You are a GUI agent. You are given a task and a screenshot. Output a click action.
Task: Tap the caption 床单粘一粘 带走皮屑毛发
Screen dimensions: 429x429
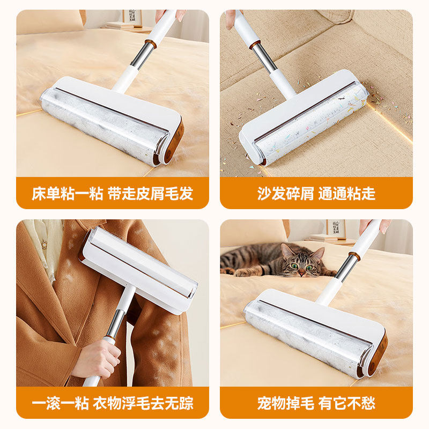point(112,194)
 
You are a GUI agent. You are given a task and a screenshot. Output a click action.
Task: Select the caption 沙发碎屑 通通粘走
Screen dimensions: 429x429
point(316,194)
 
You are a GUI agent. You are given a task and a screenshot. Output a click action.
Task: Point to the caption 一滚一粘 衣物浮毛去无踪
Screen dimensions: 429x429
point(112,403)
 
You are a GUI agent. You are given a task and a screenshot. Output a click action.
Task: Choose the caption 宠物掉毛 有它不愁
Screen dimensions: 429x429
point(316,403)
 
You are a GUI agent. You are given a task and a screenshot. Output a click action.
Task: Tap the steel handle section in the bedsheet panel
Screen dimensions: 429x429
point(142,56)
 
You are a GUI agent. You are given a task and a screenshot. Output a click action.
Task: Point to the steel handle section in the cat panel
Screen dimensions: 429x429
point(346,268)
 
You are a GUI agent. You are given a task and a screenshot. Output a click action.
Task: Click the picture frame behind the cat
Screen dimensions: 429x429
point(335,228)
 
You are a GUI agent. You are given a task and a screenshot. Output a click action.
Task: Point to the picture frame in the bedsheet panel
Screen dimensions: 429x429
point(132,17)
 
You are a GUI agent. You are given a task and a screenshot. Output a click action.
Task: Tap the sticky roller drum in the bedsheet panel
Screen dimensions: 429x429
point(102,124)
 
